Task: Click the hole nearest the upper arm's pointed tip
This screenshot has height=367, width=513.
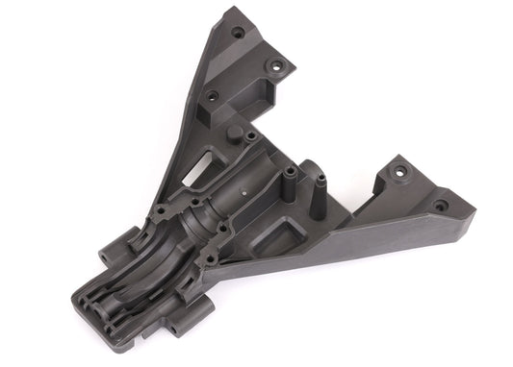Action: point(238,32)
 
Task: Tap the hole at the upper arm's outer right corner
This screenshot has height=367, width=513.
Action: point(277,68)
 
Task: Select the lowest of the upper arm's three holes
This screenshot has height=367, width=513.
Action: point(212,95)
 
